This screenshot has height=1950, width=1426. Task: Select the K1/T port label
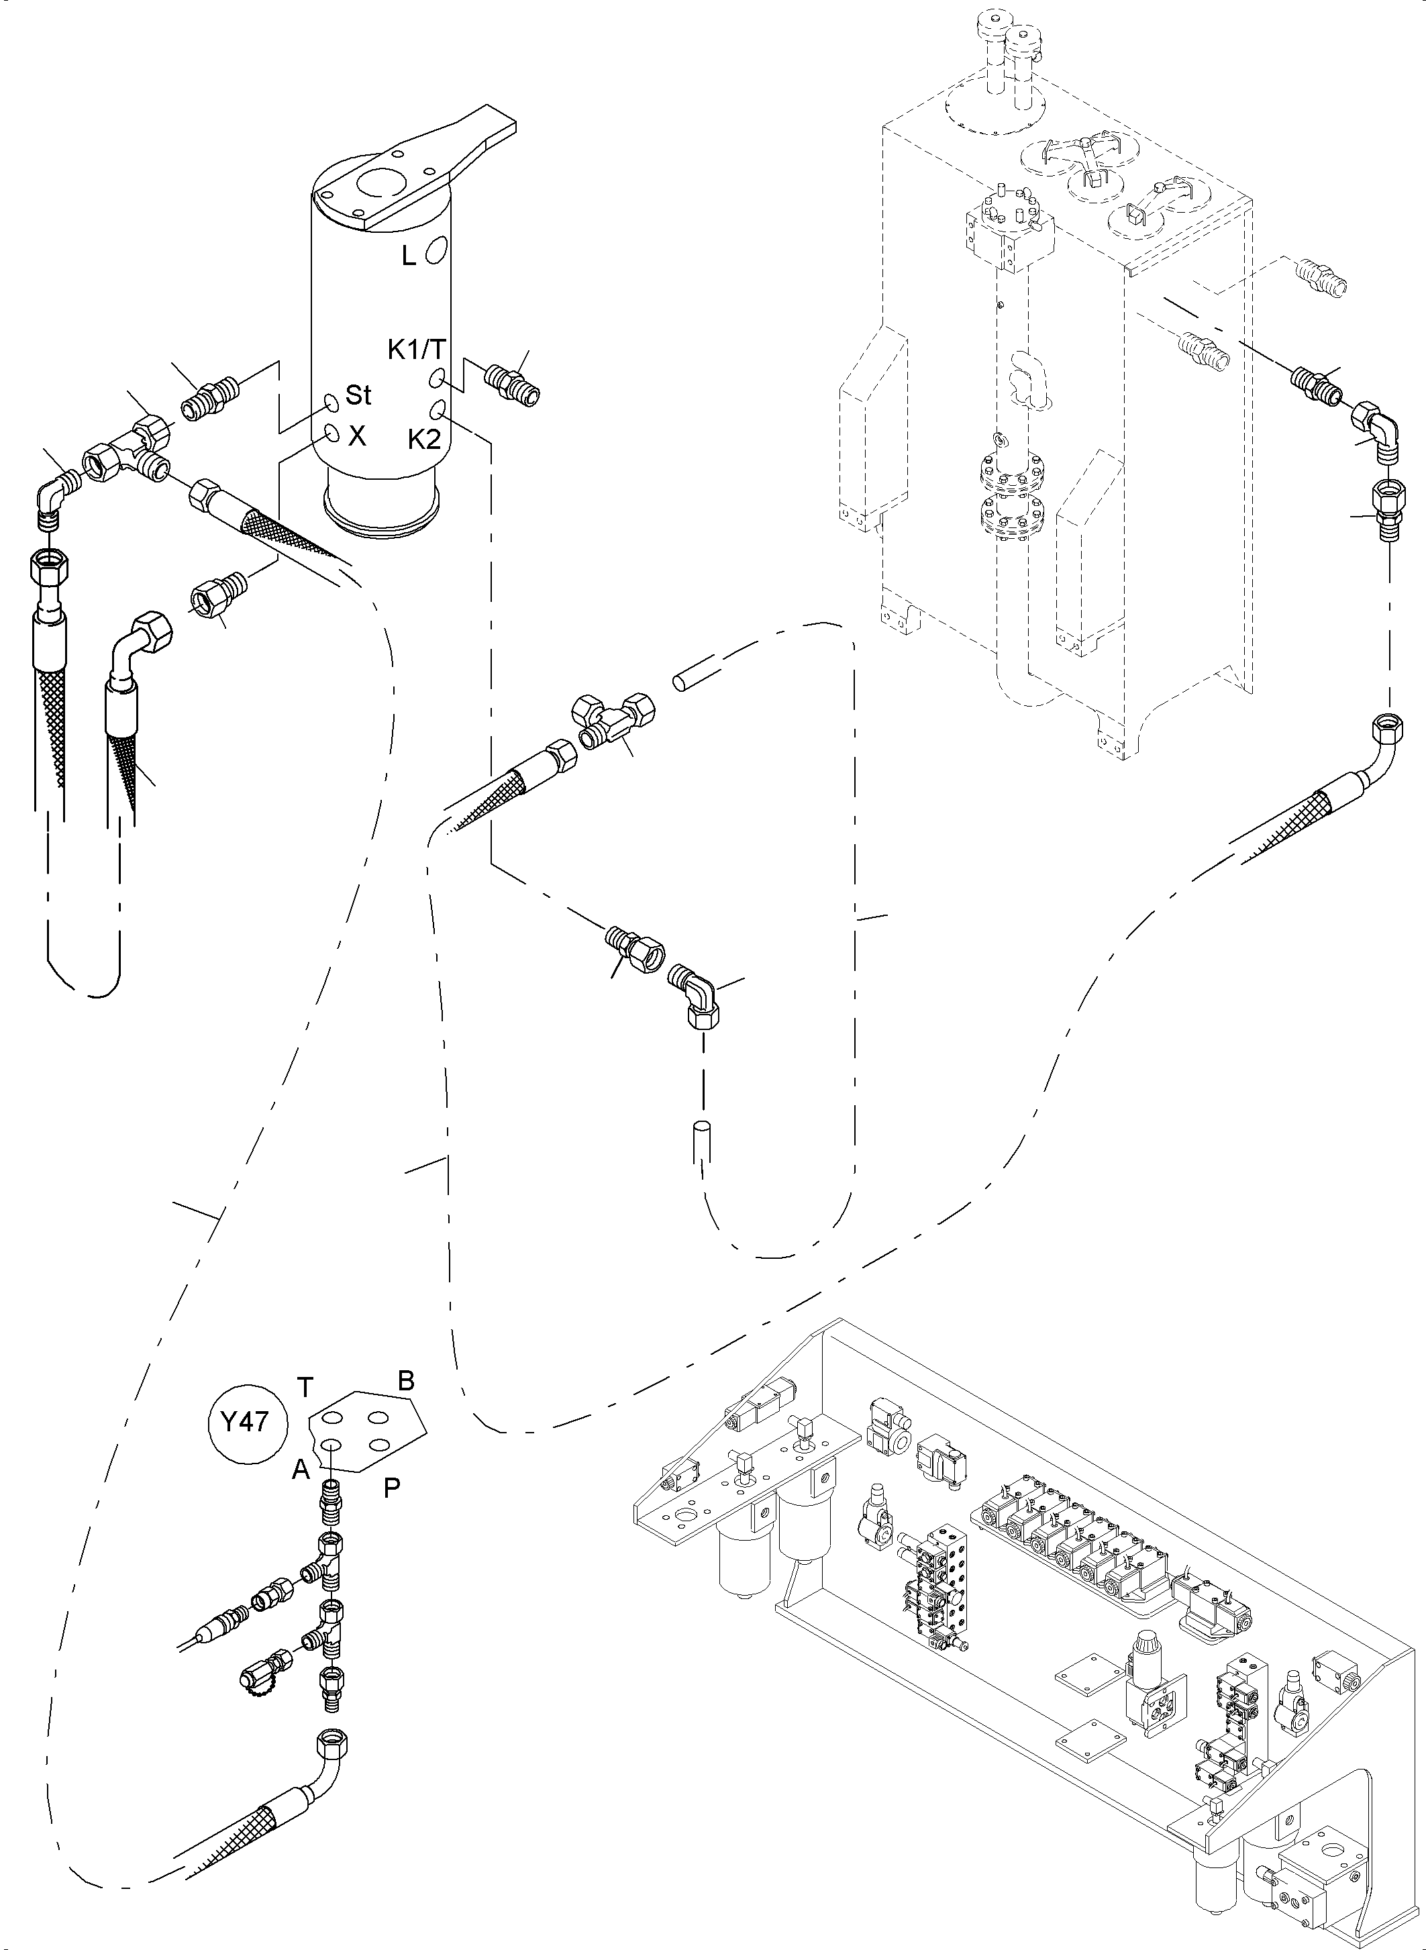pos(416,349)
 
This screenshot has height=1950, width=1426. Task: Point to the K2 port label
pos(424,440)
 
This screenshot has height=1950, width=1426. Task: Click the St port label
pos(358,395)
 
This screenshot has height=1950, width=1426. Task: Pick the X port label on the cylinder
pos(356,437)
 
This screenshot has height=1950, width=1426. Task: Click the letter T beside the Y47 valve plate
pos(305,1386)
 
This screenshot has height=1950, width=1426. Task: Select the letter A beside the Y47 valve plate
pos(301,1470)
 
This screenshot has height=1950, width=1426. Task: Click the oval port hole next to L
pos(437,248)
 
